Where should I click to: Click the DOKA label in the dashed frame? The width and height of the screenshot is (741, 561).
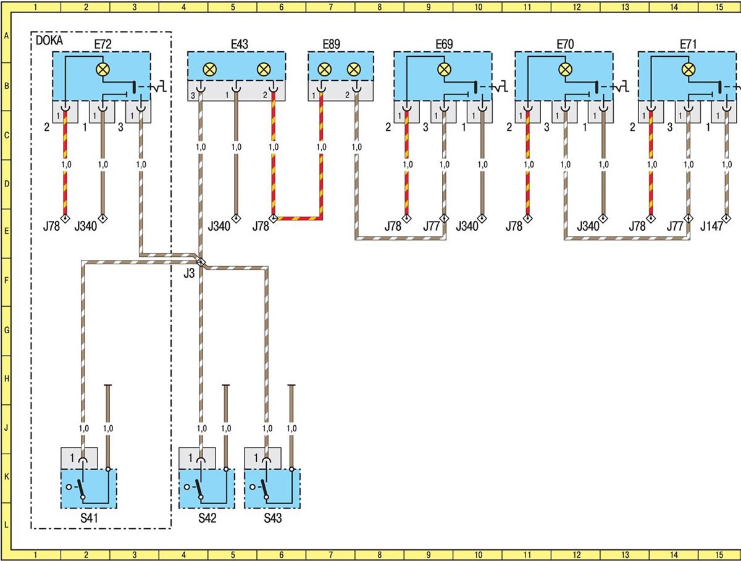point(49,41)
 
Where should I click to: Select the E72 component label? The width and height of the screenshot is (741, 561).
point(103,44)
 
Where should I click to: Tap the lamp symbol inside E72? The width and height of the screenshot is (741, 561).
point(103,70)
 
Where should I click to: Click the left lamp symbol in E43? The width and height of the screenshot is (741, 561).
point(209,70)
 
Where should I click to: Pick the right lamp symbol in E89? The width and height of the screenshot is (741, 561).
point(354,70)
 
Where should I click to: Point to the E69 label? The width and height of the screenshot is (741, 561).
point(444,44)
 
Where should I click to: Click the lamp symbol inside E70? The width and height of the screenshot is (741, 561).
point(565,70)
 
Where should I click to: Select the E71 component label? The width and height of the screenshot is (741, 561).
point(689,44)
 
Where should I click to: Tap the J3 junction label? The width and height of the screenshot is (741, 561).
point(189,273)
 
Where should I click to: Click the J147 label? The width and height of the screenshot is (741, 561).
point(711,226)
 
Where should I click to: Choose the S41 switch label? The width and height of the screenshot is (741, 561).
point(89,518)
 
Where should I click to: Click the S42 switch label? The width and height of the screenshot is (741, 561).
point(207,518)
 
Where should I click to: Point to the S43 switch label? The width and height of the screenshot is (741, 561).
point(273,518)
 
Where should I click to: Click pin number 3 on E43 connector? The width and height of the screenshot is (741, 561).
point(193,96)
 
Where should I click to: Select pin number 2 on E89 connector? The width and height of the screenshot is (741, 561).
point(347,96)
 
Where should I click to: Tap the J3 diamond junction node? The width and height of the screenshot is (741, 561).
point(201,262)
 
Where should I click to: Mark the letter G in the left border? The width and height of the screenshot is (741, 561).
point(6,330)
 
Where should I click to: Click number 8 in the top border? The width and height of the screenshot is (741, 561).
point(379,7)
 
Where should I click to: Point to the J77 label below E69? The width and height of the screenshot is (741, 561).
point(432,226)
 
